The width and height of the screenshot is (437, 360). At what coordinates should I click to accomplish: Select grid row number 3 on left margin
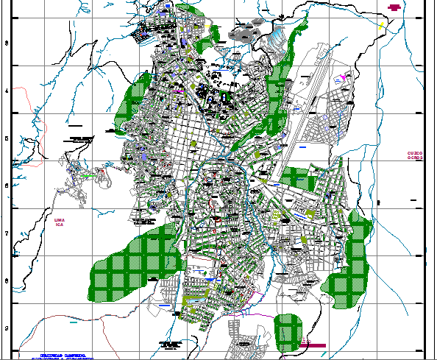pyautogui.click(x=7, y=43)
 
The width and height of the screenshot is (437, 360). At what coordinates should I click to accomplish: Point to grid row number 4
pyautogui.click(x=7, y=91)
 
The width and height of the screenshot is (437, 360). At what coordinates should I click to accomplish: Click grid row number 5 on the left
pyautogui.click(x=7, y=138)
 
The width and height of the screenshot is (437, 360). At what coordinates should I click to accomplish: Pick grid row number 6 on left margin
pyautogui.click(x=7, y=186)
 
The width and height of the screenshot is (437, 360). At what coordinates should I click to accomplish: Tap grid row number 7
pyautogui.click(x=7, y=234)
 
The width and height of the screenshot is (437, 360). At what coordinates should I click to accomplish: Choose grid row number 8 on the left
pyautogui.click(x=7, y=281)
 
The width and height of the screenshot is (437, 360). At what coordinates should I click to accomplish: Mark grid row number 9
pyautogui.click(x=7, y=329)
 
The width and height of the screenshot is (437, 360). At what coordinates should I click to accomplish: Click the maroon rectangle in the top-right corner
pyautogui.click(x=394, y=7)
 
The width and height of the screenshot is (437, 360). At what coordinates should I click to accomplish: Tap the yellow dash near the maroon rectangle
pyautogui.click(x=382, y=25)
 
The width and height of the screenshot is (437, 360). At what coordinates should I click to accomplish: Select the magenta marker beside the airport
pyautogui.click(x=344, y=76)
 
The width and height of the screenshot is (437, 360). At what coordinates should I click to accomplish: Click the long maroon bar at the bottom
pyautogui.click(x=312, y=345)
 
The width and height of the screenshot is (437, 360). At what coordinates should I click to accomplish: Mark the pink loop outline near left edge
pyautogui.click(x=29, y=110)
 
